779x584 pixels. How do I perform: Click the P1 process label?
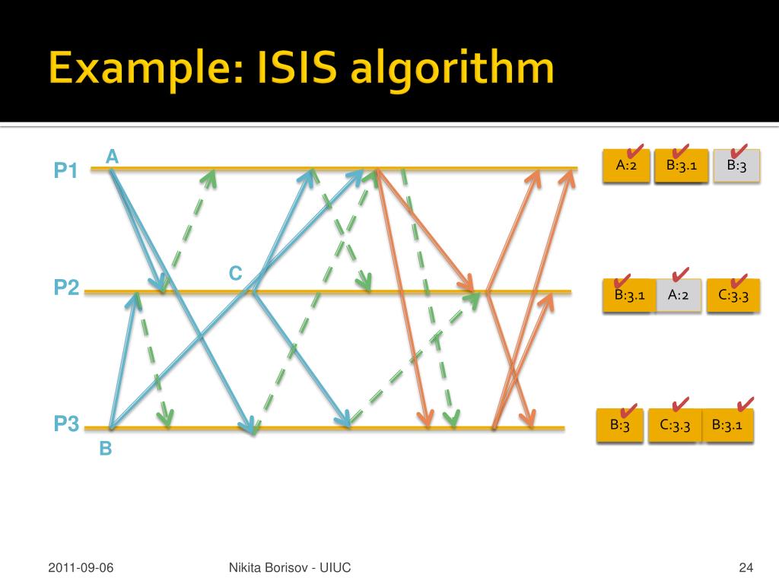[66, 172]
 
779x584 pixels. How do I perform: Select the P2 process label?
[66, 287]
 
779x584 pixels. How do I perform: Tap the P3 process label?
[66, 424]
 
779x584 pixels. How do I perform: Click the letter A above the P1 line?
[113, 157]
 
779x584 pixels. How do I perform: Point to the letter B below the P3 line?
[106, 449]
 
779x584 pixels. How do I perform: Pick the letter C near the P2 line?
[236, 274]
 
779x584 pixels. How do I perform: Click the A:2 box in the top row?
[626, 166]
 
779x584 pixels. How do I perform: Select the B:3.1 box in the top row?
[681, 166]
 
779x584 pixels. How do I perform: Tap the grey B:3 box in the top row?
[736, 166]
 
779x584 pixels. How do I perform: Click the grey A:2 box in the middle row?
[678, 295]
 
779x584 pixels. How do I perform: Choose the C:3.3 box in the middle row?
[733, 295]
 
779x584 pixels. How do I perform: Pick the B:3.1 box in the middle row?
[629, 295]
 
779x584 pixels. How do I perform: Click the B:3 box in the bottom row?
[620, 426]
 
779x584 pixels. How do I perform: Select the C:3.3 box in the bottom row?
[675, 426]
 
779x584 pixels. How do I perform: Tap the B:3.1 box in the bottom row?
[728, 426]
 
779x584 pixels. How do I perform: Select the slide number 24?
[746, 567]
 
